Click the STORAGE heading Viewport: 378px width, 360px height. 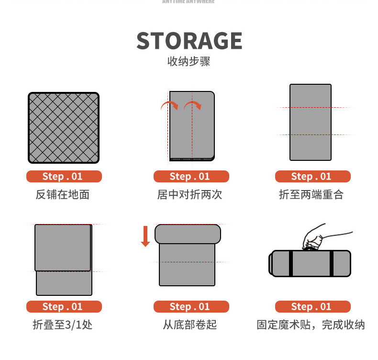pos(189,41)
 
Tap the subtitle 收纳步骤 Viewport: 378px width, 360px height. pos(189,62)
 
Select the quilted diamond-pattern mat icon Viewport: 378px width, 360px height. pos(64,128)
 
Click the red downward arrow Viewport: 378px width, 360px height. pos(145,237)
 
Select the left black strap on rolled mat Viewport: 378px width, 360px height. pos(290,263)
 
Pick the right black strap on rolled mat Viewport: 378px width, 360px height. pos(331,263)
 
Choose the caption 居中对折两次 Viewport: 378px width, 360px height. pos(190,195)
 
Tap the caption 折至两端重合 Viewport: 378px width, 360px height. pos(311,195)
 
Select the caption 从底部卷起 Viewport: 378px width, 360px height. pos(190,325)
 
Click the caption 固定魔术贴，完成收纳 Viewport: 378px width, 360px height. pos(311,325)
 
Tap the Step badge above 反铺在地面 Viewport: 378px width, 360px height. pos(64,177)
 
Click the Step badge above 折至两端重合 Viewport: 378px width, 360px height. pos(312,177)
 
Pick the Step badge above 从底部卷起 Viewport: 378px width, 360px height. pos(190,307)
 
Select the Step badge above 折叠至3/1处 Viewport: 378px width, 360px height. pos(64,307)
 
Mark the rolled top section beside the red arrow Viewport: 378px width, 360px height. pos(188,234)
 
